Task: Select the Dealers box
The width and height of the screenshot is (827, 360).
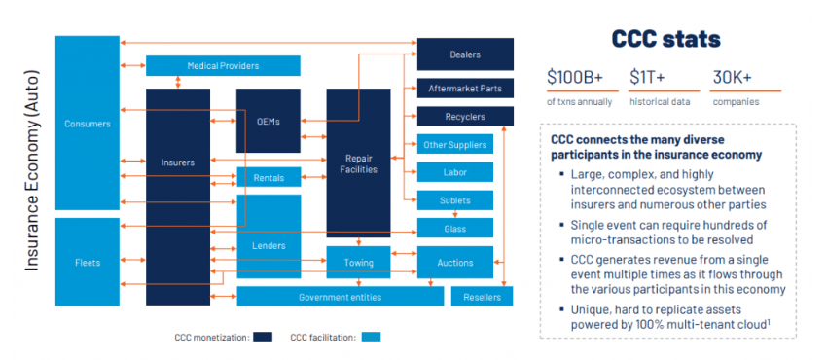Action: [464, 54]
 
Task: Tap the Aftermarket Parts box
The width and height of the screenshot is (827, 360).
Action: [464, 89]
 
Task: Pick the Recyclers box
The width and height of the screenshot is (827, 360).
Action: [464, 117]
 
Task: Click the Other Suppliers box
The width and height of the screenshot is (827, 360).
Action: [454, 145]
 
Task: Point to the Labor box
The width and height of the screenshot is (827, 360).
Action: [454, 173]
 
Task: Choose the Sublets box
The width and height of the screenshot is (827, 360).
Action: [454, 201]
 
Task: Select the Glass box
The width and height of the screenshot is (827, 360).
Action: [454, 229]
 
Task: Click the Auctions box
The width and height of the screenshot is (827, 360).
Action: [454, 263]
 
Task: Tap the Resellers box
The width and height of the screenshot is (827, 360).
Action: [482, 297]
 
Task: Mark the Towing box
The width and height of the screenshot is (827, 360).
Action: [357, 263]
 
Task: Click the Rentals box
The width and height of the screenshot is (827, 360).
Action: [269, 178]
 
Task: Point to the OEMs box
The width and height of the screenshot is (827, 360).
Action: [269, 122]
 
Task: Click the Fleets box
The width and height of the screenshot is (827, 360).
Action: [88, 263]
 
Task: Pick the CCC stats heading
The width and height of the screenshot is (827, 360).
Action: [666, 40]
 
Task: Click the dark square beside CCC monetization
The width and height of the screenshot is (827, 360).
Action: [263, 338]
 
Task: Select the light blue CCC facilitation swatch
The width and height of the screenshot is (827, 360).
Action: [371, 338]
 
